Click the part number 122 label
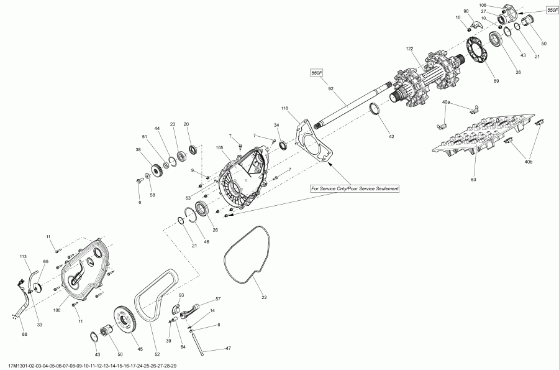pos(409,49)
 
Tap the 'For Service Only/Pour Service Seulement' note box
pos(356,188)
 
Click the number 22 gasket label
pos(263,297)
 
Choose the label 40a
pos(446,101)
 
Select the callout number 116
pos(285,109)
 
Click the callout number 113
pos(24,256)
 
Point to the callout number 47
pos(228,348)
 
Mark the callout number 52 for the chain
pos(157,354)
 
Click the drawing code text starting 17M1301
pos(93,366)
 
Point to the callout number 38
pos(138,149)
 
